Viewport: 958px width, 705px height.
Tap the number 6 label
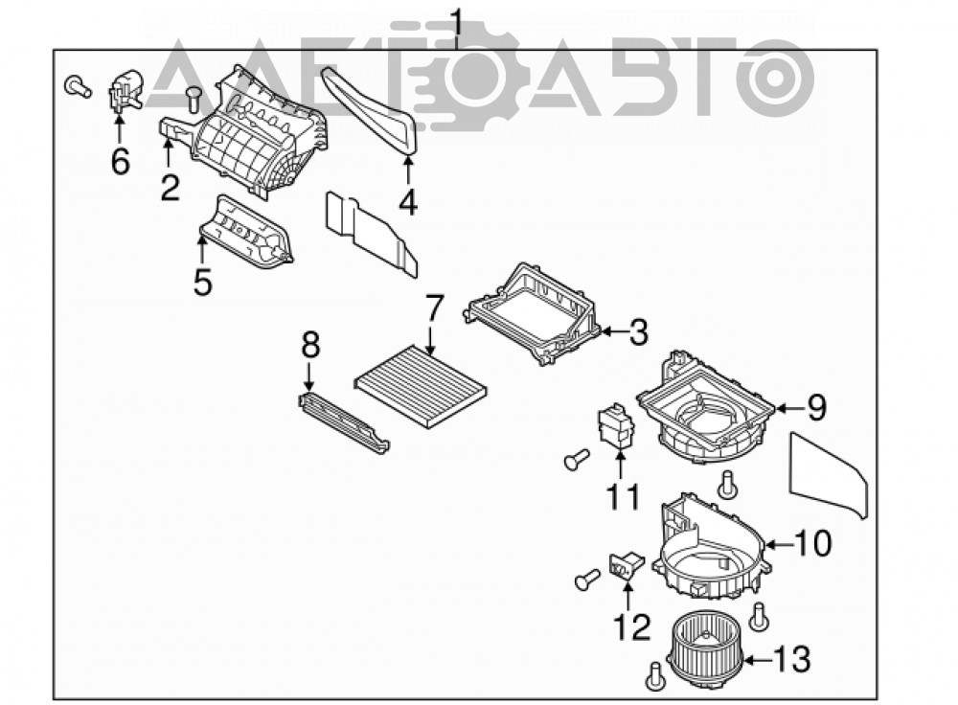click(121, 161)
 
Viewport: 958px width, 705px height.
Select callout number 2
click(171, 188)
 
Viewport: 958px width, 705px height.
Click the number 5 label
click(202, 283)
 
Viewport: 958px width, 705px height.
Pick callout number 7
click(433, 308)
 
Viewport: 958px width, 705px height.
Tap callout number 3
click(638, 332)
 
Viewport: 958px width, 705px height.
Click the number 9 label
click(817, 407)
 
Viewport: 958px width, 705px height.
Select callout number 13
click(792, 660)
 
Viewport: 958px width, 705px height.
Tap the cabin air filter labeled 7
click(422, 386)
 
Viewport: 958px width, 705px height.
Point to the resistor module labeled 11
click(615, 426)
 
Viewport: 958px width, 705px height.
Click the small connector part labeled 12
click(626, 564)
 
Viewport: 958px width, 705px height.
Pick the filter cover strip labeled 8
click(343, 422)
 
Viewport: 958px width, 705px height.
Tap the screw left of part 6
click(78, 86)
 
